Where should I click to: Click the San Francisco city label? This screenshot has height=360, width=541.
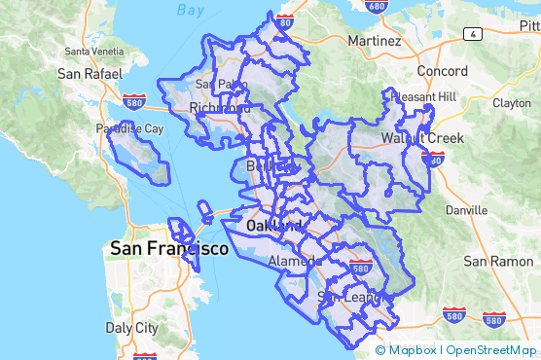[169, 249]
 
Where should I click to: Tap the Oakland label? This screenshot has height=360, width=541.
[268, 226]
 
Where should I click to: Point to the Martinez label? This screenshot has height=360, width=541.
[374, 42]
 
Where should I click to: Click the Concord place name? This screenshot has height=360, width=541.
[443, 71]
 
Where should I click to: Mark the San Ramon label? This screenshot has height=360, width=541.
[497, 261]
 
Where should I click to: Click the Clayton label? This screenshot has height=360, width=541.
[512, 102]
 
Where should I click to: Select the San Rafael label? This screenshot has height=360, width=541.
[90, 73]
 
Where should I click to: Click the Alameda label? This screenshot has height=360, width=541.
[294, 261]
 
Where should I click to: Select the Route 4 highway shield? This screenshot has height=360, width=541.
[472, 34]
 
